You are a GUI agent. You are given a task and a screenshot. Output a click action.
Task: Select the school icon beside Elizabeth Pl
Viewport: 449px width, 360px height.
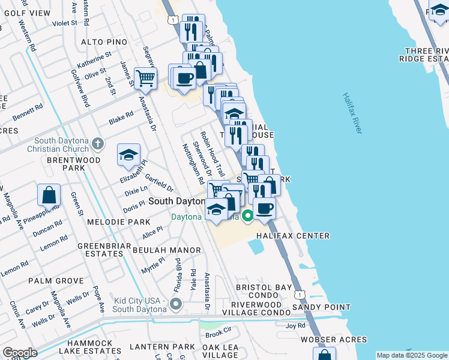pos(128,155)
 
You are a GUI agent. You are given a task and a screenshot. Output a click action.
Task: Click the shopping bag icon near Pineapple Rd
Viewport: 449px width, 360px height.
pos(49,195)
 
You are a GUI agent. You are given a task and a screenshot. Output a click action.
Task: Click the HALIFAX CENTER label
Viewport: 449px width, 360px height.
pos(293,236)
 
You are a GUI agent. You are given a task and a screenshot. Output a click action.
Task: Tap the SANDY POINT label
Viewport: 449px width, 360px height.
pos(321,307)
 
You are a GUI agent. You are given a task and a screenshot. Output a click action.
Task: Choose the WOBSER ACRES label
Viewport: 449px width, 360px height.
pos(334,340)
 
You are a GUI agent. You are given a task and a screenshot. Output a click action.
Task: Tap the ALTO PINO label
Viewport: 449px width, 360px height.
pos(104,42)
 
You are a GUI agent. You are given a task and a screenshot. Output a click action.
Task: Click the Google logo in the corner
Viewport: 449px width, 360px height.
pos(20,353)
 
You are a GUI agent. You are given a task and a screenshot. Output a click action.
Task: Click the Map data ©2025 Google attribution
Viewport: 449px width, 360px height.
pos(411,355)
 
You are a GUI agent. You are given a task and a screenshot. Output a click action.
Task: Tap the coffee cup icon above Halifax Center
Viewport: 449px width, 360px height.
pos(264,208)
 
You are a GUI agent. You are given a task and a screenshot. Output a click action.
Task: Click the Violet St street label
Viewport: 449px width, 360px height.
pos(65,23)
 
